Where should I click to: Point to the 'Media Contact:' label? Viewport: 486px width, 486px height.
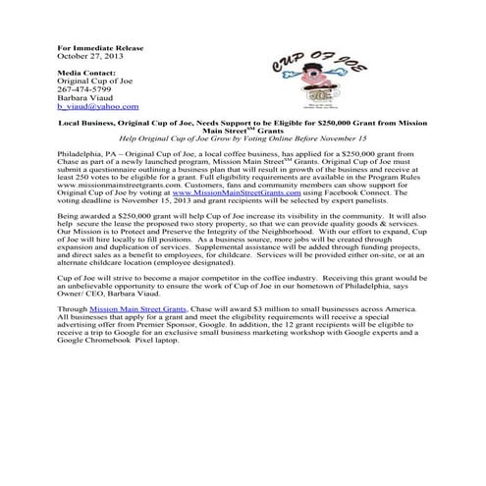point(83,74)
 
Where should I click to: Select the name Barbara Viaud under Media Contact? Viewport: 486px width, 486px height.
point(83,98)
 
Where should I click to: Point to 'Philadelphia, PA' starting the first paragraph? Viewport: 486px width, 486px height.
point(84,157)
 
